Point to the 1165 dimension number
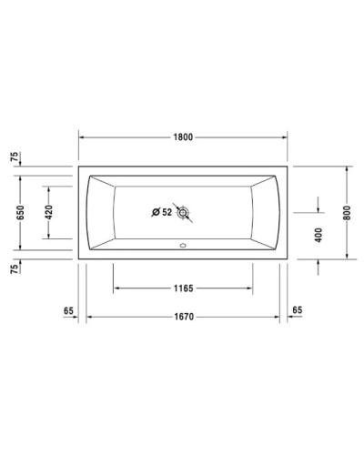[183, 288]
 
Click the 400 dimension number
[318, 234]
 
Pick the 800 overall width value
[346, 212]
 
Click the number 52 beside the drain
[167, 213]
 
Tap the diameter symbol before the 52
[156, 213]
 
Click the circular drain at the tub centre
[185, 213]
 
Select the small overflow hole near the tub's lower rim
[185, 245]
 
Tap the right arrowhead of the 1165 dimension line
[252, 288]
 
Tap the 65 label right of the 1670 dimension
[297, 310]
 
